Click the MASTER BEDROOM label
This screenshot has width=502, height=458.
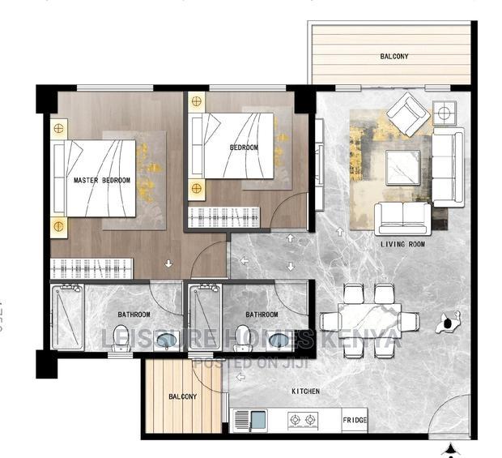101,180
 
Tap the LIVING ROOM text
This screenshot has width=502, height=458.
403,243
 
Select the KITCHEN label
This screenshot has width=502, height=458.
305,392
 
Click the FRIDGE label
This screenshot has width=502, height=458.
354,422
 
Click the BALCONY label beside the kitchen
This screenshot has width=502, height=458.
183,396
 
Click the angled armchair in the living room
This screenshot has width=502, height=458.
407,114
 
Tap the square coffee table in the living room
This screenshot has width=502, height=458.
402,169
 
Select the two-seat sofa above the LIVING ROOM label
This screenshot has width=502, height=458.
402,217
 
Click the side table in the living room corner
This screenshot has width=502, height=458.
445,113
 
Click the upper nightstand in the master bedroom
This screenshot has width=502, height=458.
59,128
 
